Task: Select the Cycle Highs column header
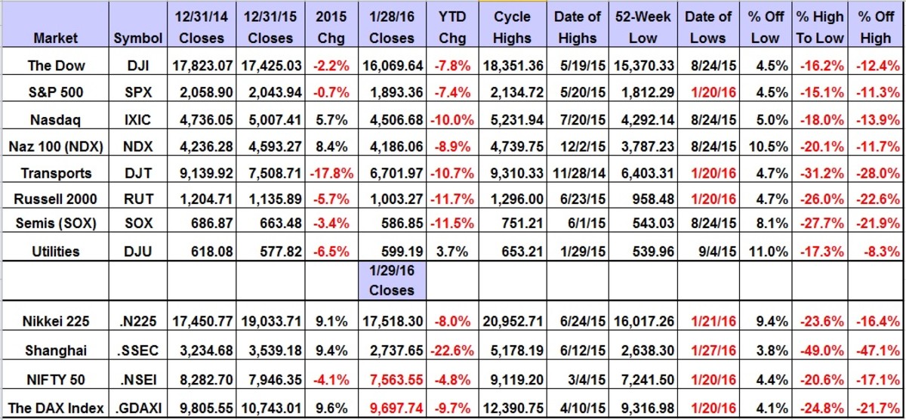coord(512,26)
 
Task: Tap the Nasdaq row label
coord(56,119)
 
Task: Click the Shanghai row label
coord(56,351)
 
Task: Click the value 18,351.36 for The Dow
coord(512,66)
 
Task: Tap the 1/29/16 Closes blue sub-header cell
coord(392,280)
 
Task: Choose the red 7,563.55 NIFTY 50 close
coord(392,378)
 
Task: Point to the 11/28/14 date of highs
coord(578,173)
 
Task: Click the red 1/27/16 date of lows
coord(710,351)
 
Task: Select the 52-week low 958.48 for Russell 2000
coord(643,199)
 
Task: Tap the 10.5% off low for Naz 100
coord(765,147)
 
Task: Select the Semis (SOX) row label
coord(56,227)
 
